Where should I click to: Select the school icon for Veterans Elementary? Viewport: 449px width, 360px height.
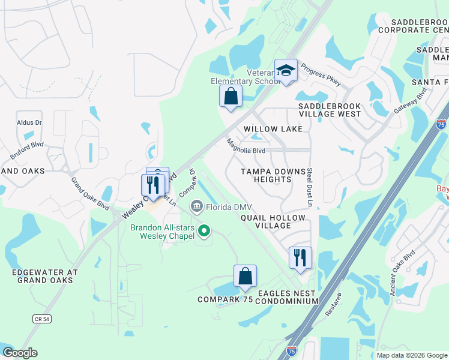point(286,71)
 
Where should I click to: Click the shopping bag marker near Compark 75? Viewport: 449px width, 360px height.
point(245,277)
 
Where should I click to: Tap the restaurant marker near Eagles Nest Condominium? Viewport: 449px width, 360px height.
point(300,258)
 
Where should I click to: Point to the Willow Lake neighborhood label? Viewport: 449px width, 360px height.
point(273,129)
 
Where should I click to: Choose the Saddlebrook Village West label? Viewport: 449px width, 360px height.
point(330,109)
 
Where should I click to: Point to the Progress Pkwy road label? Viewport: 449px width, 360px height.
point(321,75)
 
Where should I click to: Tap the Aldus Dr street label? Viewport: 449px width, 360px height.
point(29,122)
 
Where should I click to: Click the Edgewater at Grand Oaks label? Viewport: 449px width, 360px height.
point(45,276)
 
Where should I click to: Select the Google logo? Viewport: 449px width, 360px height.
point(20,353)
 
